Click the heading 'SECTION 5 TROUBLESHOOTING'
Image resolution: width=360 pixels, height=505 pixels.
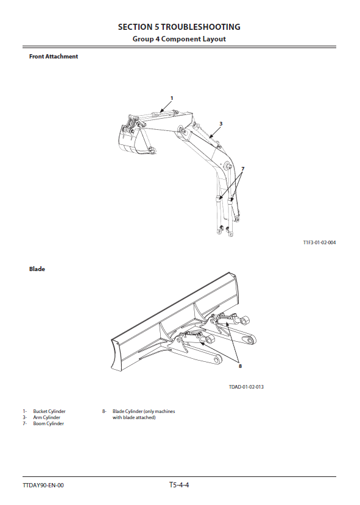pos(179,27)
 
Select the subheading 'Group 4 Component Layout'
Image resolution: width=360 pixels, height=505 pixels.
pos(179,39)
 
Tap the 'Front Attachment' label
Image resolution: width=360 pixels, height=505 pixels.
pos(54,57)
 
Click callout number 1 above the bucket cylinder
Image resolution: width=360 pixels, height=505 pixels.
pos(172,98)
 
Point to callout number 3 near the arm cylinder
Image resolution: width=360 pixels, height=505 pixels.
pos(221,124)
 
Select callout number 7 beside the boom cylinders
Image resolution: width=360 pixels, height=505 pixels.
pos(243,169)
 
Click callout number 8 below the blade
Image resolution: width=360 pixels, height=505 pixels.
pos(240,366)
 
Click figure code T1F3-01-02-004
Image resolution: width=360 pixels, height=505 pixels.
pos(319,242)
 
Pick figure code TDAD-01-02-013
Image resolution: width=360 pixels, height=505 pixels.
pos(246,387)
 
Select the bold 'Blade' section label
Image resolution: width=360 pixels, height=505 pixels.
pos(37,269)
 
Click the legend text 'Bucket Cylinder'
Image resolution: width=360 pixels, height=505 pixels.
pos(49,411)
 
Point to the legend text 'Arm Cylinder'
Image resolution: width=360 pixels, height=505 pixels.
pos(47,417)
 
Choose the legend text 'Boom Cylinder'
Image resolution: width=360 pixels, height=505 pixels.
pos(48,423)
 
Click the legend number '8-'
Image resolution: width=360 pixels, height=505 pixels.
pos(104,411)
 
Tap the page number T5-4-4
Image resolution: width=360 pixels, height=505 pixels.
pos(179,485)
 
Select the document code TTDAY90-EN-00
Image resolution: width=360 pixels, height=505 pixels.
pos(43,486)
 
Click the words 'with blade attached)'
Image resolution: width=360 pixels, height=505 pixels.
pos(134,417)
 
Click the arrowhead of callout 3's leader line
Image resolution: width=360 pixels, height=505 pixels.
pos(211,136)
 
